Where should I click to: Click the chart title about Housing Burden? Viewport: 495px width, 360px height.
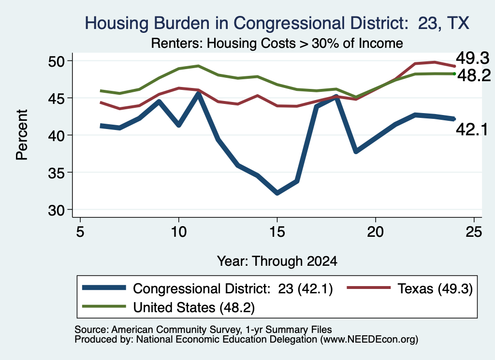click(x=277, y=23)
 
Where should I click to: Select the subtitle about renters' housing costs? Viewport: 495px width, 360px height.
click(x=277, y=43)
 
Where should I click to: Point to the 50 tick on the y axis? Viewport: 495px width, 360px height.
click(x=56, y=61)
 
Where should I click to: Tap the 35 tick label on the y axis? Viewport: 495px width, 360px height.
click(x=56, y=173)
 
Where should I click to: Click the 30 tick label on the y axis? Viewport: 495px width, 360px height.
click(x=56, y=210)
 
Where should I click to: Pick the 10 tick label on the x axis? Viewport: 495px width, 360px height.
click(x=179, y=232)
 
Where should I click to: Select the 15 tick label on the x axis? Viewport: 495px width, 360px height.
click(x=277, y=232)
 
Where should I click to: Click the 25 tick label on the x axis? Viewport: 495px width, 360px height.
click(x=474, y=232)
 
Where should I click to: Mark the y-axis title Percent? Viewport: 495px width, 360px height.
click(x=22, y=135)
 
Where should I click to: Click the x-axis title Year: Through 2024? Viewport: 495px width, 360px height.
click(x=277, y=261)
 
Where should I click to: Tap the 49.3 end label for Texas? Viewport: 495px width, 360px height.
click(x=472, y=58)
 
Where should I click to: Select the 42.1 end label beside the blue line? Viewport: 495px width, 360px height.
click(x=472, y=130)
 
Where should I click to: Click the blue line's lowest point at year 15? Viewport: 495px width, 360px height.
click(x=277, y=193)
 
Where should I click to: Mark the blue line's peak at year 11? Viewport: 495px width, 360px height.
click(x=198, y=93)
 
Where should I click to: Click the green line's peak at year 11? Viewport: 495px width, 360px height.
click(x=198, y=66)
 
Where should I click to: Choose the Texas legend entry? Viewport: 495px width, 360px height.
click(x=410, y=288)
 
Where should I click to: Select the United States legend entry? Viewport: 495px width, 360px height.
click(x=168, y=307)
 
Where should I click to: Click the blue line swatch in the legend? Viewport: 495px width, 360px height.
click(x=104, y=288)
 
